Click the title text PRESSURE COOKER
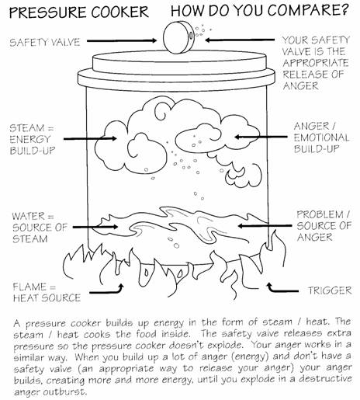79,12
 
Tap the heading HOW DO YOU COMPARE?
260,11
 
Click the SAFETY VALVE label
45,43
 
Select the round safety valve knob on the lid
178,37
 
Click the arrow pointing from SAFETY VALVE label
122,40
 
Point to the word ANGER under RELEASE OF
300,86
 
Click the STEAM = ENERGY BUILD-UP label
32,139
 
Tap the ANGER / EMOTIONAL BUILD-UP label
321,137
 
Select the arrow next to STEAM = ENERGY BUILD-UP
90,139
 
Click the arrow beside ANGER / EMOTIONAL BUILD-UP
261,137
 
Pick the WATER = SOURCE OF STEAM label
40,228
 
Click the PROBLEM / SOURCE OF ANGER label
324,226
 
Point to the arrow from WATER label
95,227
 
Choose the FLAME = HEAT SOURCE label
47,293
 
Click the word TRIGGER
330,290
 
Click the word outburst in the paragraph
64,391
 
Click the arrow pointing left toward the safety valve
240,40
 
